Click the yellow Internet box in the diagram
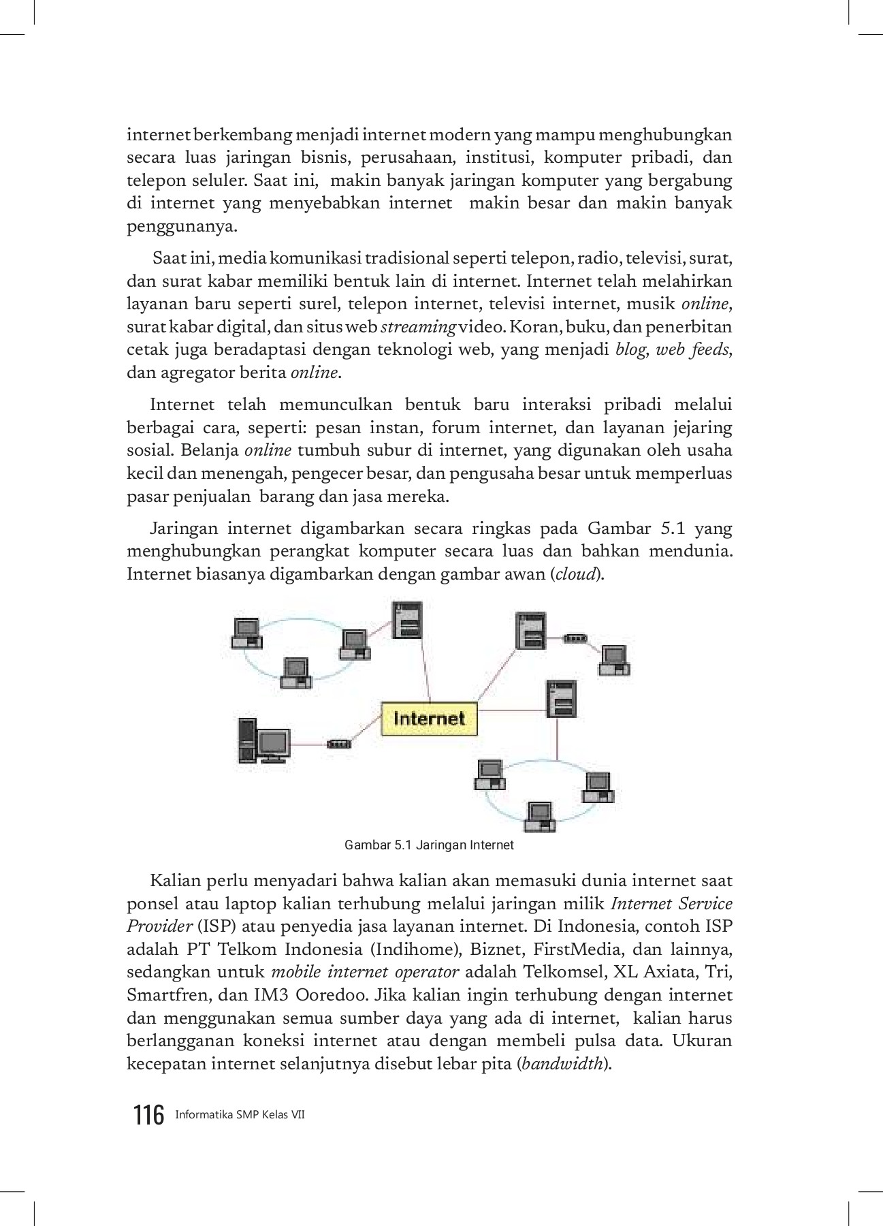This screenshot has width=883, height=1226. click(x=429, y=719)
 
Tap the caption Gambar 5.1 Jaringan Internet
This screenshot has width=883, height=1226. click(x=429, y=845)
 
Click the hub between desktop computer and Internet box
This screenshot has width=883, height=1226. click(x=338, y=744)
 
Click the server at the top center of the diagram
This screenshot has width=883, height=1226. click(x=407, y=620)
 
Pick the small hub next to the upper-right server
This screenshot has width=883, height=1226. click(x=575, y=639)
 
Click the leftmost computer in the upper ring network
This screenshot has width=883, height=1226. click(x=246, y=633)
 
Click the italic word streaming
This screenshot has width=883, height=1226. click(x=419, y=328)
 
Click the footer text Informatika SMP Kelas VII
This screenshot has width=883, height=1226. click(x=240, y=1116)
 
